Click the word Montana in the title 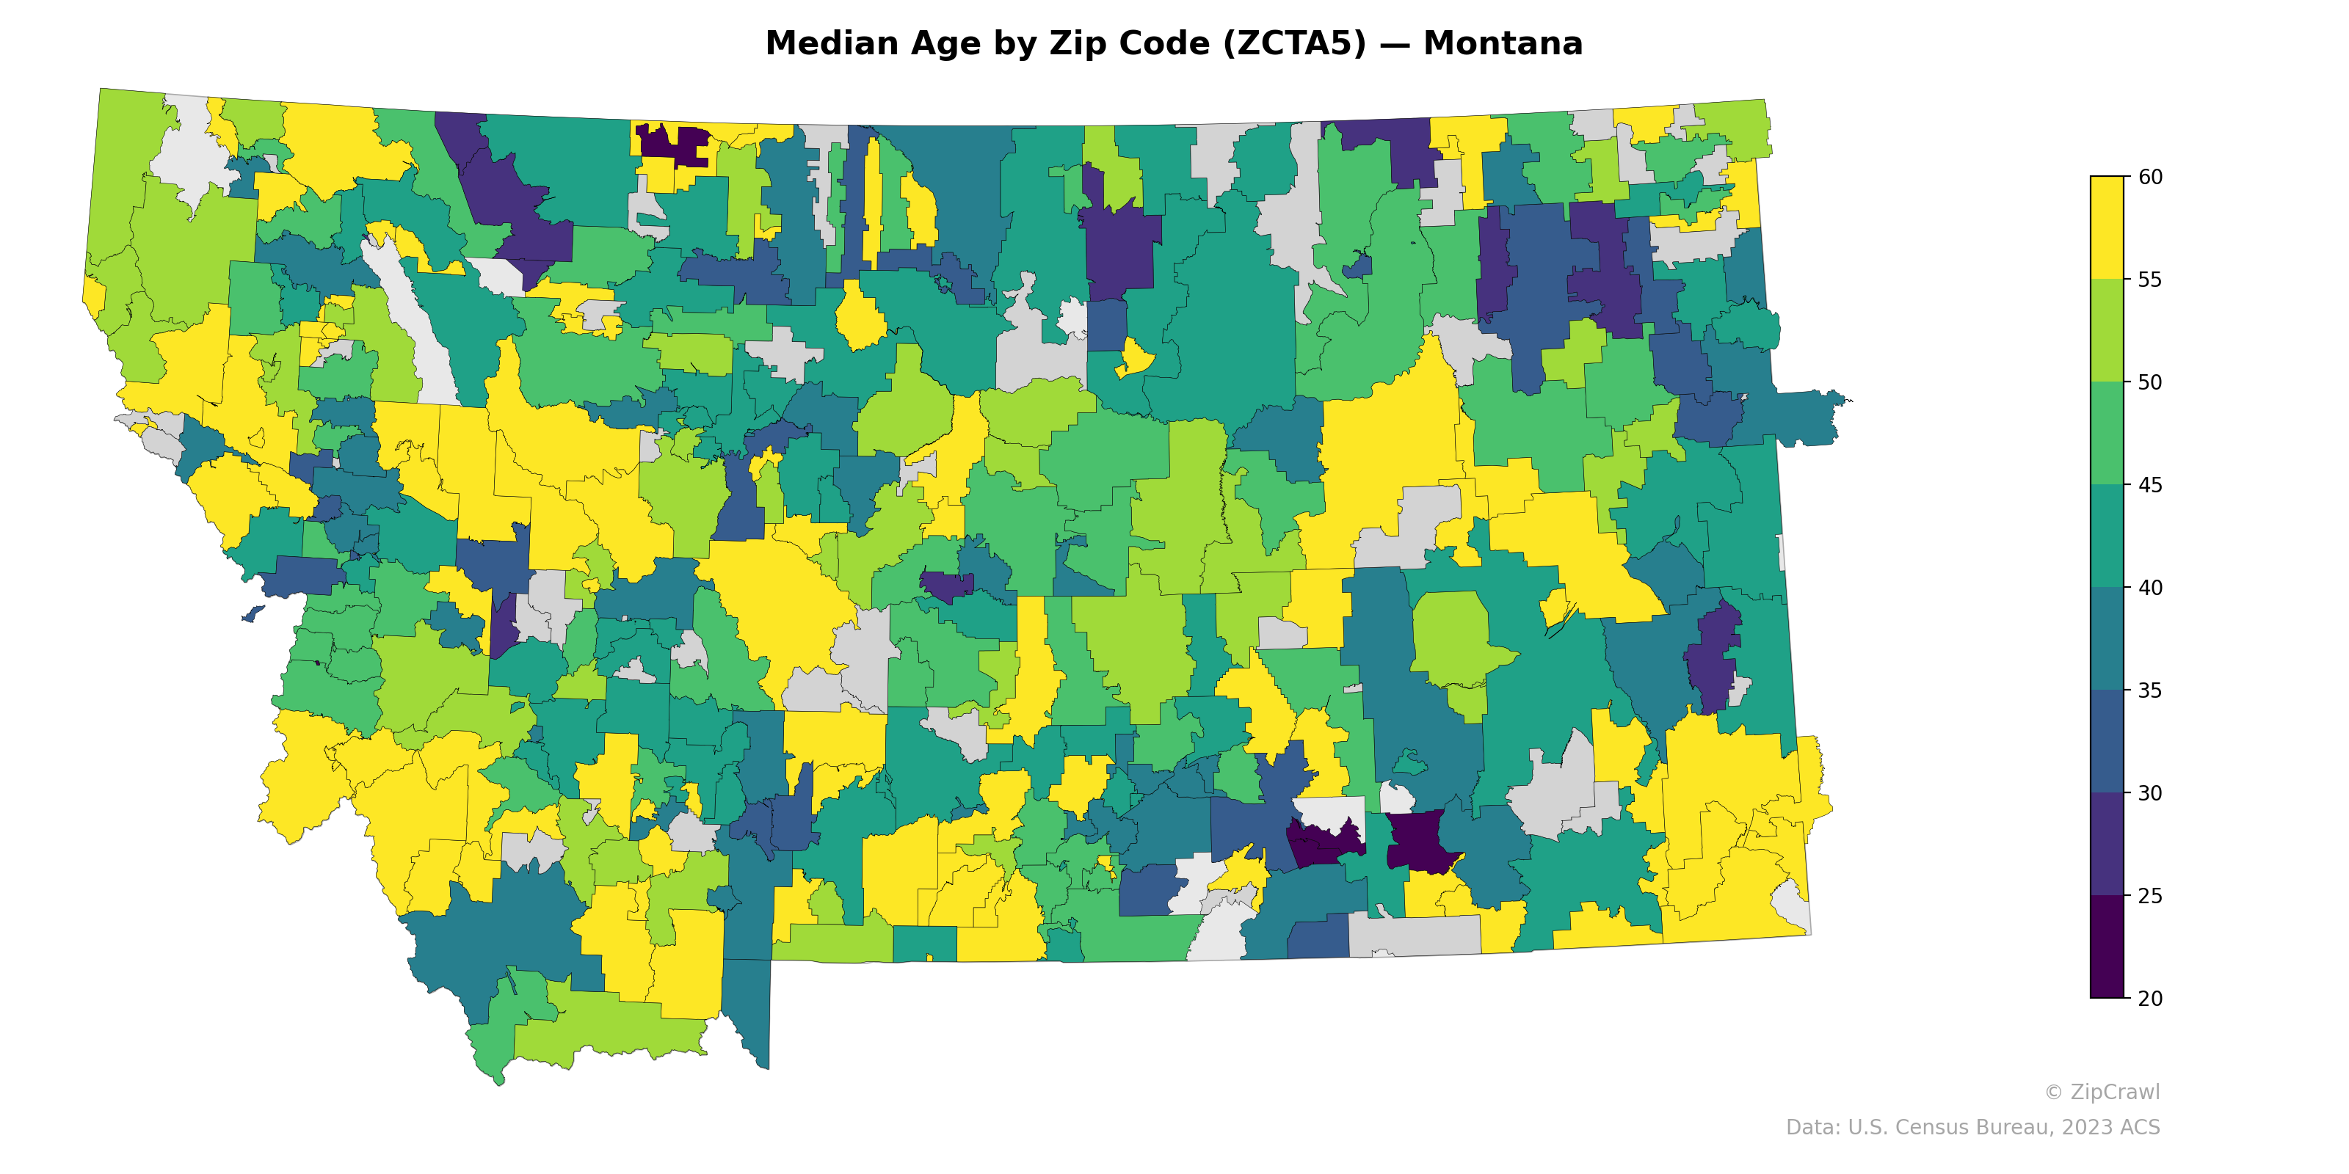coord(1502,44)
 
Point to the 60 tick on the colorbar coord(2149,177)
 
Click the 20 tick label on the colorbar coord(2149,998)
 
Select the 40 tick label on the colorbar coord(2149,588)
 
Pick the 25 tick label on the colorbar coord(2149,896)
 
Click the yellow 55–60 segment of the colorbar coord(2107,228)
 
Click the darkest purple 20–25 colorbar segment coord(2107,948)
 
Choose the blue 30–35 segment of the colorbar coord(2107,741)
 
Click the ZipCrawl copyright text coord(2101,1092)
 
